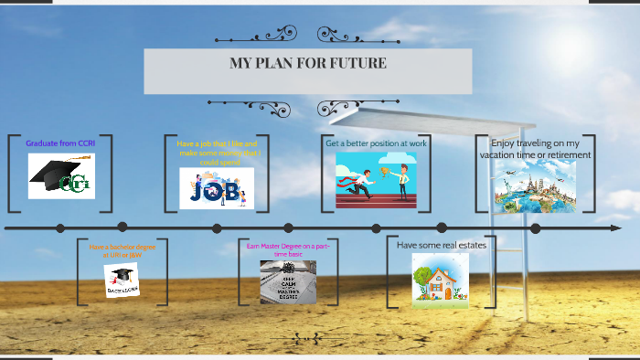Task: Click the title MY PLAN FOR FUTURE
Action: click(x=308, y=64)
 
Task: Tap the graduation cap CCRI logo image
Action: click(x=61, y=175)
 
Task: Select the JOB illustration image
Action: click(x=217, y=187)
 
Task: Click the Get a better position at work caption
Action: click(x=376, y=143)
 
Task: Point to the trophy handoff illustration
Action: click(x=376, y=179)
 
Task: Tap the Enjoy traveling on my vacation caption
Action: click(x=535, y=149)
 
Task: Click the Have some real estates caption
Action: click(x=442, y=245)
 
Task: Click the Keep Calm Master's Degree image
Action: click(x=288, y=281)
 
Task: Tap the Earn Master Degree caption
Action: click(x=288, y=249)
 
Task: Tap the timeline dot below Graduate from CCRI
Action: click(x=59, y=228)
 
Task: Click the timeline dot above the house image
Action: click(x=442, y=228)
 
